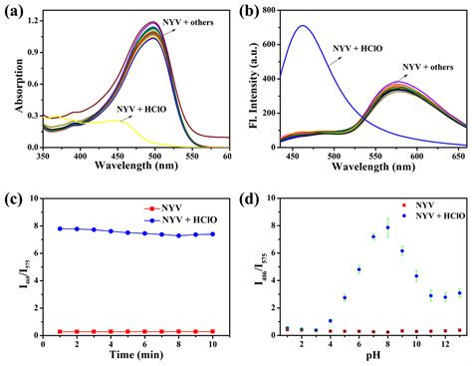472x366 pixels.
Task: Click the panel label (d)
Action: click(x=253, y=197)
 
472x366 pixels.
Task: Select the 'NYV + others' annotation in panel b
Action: click(x=430, y=67)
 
